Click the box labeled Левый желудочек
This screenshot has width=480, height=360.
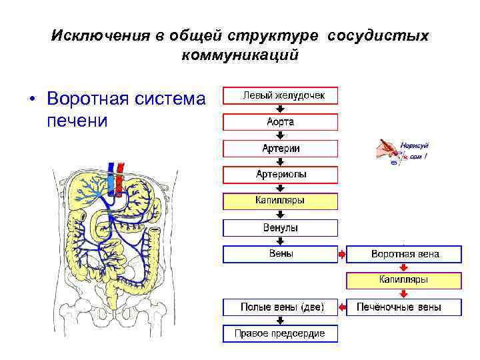click(x=281, y=95)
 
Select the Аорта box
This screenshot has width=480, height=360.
click(x=281, y=122)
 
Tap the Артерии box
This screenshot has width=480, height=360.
click(x=281, y=148)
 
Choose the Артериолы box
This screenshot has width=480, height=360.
click(x=281, y=175)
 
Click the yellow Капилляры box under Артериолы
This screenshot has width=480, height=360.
click(x=281, y=201)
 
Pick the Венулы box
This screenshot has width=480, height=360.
click(x=281, y=228)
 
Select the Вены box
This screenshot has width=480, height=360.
click(x=281, y=254)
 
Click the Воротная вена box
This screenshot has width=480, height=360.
click(x=405, y=254)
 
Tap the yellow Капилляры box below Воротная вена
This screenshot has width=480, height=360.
click(x=405, y=280)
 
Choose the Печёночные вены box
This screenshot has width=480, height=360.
click(x=405, y=307)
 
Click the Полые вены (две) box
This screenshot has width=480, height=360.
click(x=281, y=307)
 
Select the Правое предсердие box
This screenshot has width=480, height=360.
click(x=281, y=333)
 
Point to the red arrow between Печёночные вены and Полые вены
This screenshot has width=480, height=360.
click(x=343, y=307)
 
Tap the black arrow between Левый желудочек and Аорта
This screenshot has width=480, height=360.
click(x=281, y=109)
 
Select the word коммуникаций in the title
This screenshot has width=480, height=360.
click(x=239, y=55)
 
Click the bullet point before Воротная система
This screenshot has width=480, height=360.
click(x=31, y=100)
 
